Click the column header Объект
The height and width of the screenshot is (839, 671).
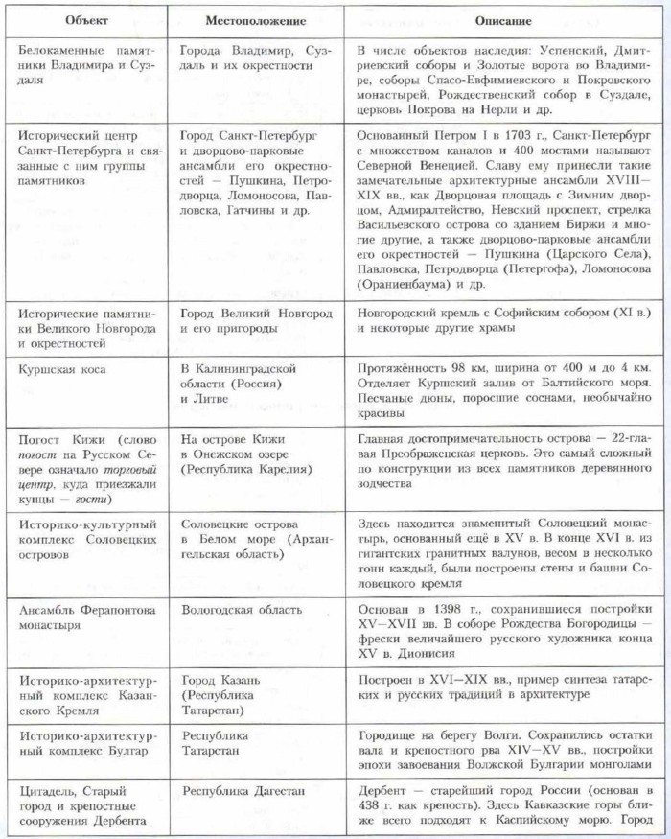pos(84,19)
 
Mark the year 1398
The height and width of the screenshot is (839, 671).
pos(443,609)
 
